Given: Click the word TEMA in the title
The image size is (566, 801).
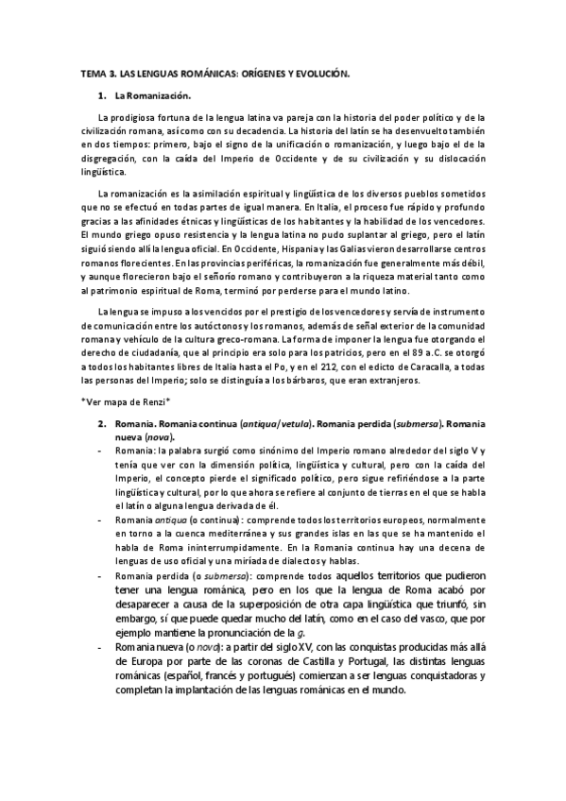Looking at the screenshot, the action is (x=94, y=72).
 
